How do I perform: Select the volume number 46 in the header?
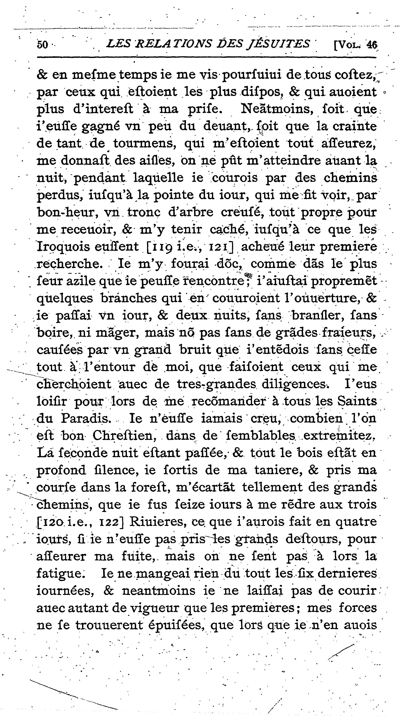click(371, 45)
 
